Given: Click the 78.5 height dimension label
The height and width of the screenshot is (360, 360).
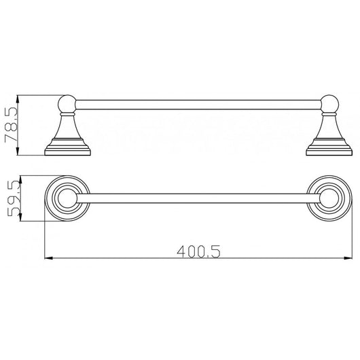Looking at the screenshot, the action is click(x=11, y=125).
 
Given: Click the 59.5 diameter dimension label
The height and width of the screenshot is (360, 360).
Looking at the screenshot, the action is click(x=14, y=198).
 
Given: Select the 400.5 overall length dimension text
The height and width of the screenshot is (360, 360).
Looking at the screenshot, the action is click(x=198, y=251).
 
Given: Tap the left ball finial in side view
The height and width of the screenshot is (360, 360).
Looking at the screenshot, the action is click(x=67, y=104).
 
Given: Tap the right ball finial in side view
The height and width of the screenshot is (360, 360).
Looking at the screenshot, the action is click(x=329, y=104).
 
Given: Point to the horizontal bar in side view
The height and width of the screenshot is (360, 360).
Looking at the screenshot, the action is click(x=198, y=105).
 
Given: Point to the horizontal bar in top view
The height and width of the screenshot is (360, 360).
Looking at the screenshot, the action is click(x=198, y=198).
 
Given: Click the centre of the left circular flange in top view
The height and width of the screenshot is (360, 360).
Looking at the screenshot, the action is click(x=67, y=198).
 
